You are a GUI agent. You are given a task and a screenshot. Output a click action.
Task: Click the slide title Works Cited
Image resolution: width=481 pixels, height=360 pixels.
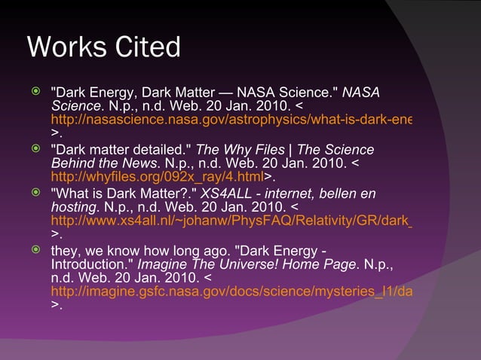click(x=103, y=48)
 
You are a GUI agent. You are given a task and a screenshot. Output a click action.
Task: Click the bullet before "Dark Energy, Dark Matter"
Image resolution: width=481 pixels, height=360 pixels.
click(x=33, y=92)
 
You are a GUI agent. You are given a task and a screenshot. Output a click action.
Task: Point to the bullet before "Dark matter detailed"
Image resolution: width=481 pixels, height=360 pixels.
click(x=33, y=149)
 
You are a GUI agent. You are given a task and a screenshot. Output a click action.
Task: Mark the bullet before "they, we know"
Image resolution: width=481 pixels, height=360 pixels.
click(x=33, y=249)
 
